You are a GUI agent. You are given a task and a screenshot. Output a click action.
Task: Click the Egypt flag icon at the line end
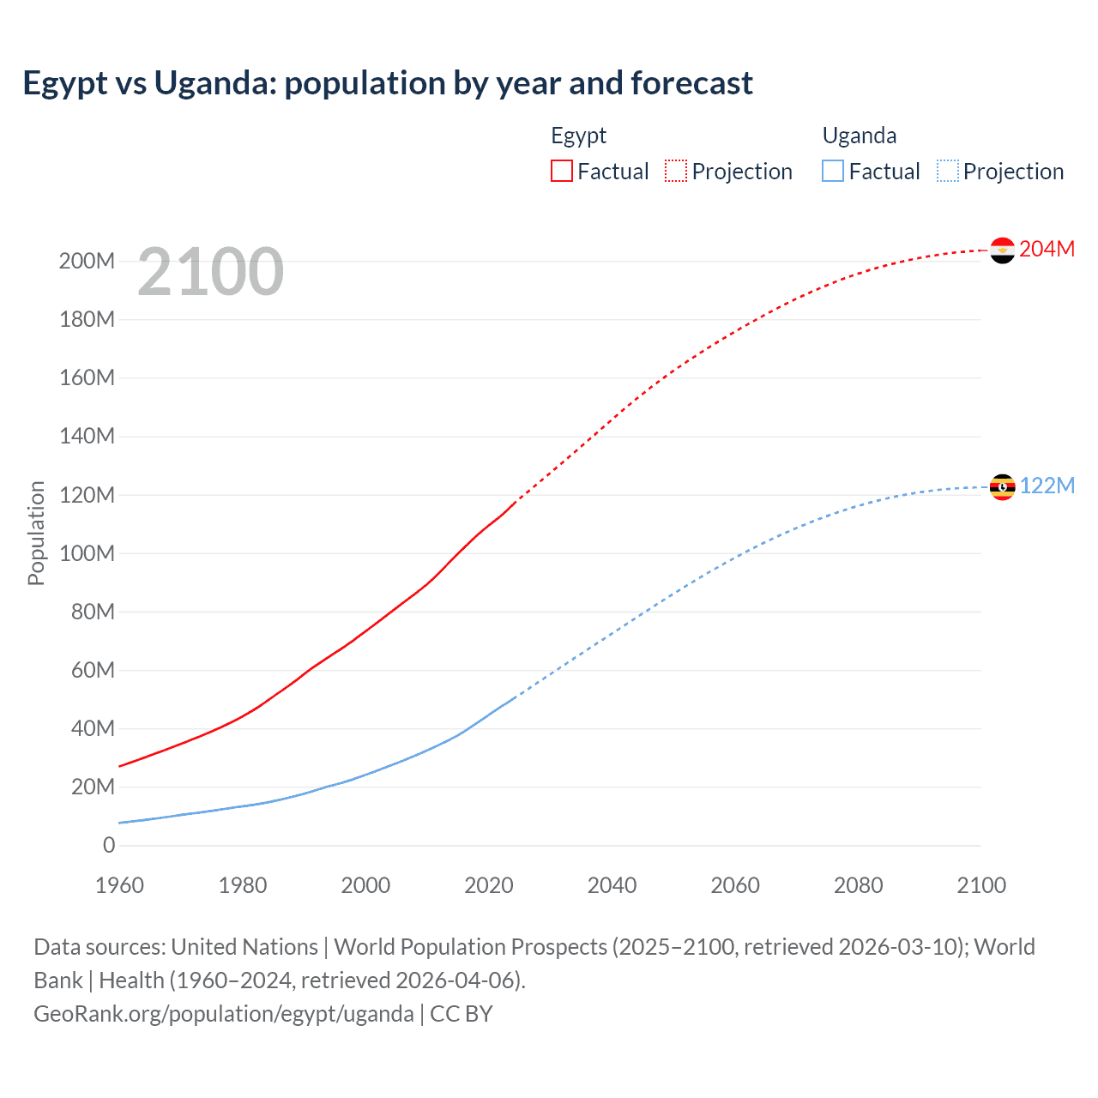[1002, 250]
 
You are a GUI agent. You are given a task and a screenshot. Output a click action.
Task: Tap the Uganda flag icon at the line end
[1002, 486]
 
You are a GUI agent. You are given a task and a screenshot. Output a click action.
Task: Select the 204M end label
[1047, 249]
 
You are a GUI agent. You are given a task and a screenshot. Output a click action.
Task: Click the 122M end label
[1047, 486]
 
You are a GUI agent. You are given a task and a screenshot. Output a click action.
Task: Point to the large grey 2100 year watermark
[210, 271]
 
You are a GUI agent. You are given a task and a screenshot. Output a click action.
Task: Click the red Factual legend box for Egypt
[561, 171]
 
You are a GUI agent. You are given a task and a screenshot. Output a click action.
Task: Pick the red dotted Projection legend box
[676, 171]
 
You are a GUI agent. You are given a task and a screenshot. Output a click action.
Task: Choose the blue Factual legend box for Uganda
[833, 171]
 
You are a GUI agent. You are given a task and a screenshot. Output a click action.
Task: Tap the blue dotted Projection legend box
[948, 171]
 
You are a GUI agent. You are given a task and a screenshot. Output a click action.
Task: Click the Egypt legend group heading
[578, 136]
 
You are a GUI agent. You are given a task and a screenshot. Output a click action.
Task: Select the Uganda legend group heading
[860, 136]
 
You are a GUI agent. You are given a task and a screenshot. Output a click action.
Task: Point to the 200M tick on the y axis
[87, 261]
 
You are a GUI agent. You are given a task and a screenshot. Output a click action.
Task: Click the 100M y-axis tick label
[87, 553]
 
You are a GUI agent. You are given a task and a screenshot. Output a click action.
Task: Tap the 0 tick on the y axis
[109, 845]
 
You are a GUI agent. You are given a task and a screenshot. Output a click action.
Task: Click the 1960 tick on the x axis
[119, 885]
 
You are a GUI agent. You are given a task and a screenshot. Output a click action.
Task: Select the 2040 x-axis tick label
[612, 885]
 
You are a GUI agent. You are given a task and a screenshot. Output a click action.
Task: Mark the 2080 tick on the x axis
[858, 885]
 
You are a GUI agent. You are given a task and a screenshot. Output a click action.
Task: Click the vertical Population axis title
[36, 533]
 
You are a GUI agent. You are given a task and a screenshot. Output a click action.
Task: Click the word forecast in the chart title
[691, 83]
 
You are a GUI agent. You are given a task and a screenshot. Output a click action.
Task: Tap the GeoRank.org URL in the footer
[224, 1013]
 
